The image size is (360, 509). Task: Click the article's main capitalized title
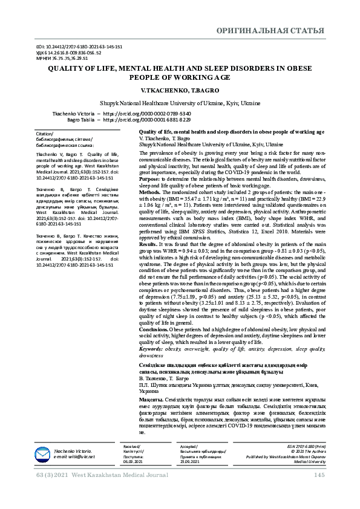(x=180, y=73)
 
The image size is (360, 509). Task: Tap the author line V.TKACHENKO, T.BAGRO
(x=180, y=89)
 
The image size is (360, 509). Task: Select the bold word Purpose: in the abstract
(x=149, y=179)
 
